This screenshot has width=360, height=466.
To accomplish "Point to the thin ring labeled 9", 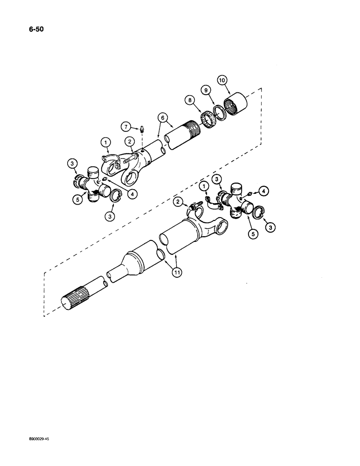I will point(219,113).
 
